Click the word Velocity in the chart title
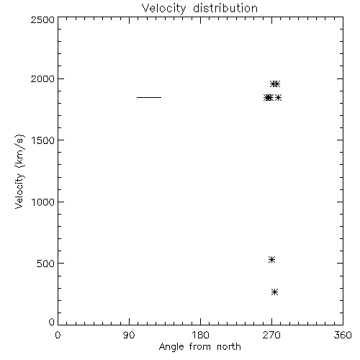tap(164, 9)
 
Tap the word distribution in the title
tap(225, 8)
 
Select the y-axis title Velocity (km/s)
tap(19, 172)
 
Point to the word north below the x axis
tap(229, 346)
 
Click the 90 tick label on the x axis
tap(129, 335)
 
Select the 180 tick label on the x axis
tap(200, 335)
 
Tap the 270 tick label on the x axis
tap(271, 335)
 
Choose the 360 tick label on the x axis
tap(343, 335)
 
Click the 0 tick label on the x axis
tap(58, 335)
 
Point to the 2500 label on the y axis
tap(42, 19)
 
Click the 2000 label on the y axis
tap(42, 78)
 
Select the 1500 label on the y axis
tap(43, 140)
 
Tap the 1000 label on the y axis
tap(43, 202)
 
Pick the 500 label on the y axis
tap(46, 264)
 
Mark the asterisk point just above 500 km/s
tap(271, 259)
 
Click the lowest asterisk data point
tap(275, 292)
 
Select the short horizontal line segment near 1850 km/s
tap(149, 97)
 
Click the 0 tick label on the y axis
tap(52, 322)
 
